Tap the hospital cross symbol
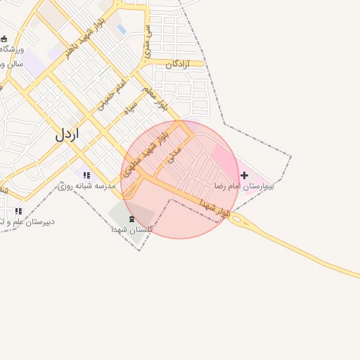[244, 174]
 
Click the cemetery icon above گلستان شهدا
[133, 219]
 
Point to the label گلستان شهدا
[127, 229]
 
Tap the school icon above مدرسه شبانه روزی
[86, 175]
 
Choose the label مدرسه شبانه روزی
[87, 186]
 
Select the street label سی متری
[148, 41]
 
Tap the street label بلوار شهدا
[215, 207]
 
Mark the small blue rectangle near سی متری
[122, 30]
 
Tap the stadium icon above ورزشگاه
[4, 39]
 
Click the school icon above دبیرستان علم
[18, 210]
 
